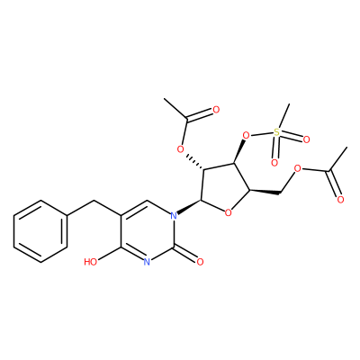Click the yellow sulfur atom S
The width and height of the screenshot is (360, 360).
pos(276,131)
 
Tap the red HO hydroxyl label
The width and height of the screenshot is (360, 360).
pos(90,262)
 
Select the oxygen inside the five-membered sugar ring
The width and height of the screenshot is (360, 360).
pos(229,213)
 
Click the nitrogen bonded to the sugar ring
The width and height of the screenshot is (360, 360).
pos(173,215)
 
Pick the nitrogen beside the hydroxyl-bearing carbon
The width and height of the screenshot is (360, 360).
pos(147,262)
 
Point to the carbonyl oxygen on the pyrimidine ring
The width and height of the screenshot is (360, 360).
pos(200,262)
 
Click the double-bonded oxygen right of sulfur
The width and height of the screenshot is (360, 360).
pos(306,139)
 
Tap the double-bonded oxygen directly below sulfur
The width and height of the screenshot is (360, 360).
pos(274,163)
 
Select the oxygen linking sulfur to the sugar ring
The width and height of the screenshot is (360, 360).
pos(246,136)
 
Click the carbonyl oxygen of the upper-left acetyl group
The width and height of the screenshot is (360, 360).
pos(216,110)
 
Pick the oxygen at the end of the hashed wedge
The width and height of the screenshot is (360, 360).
pos(180,149)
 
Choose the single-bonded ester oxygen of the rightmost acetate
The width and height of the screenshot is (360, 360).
pos(297,169)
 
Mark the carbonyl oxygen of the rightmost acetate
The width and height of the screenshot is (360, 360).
pos(340,200)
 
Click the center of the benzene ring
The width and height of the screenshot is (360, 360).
pos(40,231)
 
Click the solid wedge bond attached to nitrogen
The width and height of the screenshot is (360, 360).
pos(189,207)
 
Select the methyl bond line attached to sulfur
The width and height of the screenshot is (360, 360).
pos(283,116)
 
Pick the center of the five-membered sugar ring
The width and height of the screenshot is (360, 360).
pos(225,187)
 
